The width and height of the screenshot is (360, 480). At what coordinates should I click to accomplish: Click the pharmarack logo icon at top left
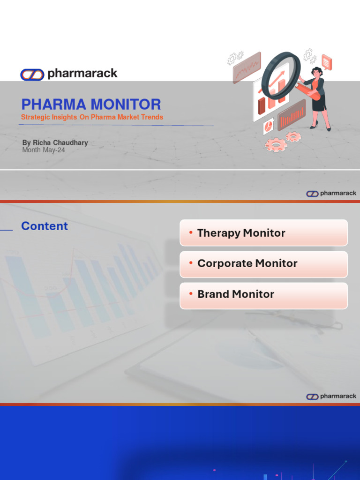[32, 74]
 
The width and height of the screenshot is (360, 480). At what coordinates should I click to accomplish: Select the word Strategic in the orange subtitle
[35, 117]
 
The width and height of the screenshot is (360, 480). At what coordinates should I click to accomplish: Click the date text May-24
[54, 150]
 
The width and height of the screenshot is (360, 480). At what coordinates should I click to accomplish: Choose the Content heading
[45, 226]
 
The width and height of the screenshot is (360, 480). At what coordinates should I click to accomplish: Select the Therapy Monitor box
[263, 233]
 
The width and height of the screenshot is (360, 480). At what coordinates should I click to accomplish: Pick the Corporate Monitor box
[263, 263]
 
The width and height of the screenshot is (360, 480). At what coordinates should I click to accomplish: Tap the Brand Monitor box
[263, 294]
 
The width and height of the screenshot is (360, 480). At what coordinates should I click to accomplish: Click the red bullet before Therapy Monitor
[191, 233]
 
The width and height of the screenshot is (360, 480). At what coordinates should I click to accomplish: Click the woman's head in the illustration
[317, 72]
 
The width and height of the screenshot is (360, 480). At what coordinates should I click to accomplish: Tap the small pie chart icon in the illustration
[269, 126]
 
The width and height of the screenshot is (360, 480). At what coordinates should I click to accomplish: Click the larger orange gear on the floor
[275, 145]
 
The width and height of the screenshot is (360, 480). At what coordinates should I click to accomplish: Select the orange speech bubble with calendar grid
[326, 62]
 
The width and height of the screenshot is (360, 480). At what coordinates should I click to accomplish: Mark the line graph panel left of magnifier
[247, 67]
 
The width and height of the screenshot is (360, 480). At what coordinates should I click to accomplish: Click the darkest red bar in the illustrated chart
[262, 106]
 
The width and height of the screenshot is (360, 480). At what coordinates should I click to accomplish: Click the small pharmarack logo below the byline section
[331, 193]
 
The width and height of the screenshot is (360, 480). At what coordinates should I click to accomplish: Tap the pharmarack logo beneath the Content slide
[331, 396]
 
